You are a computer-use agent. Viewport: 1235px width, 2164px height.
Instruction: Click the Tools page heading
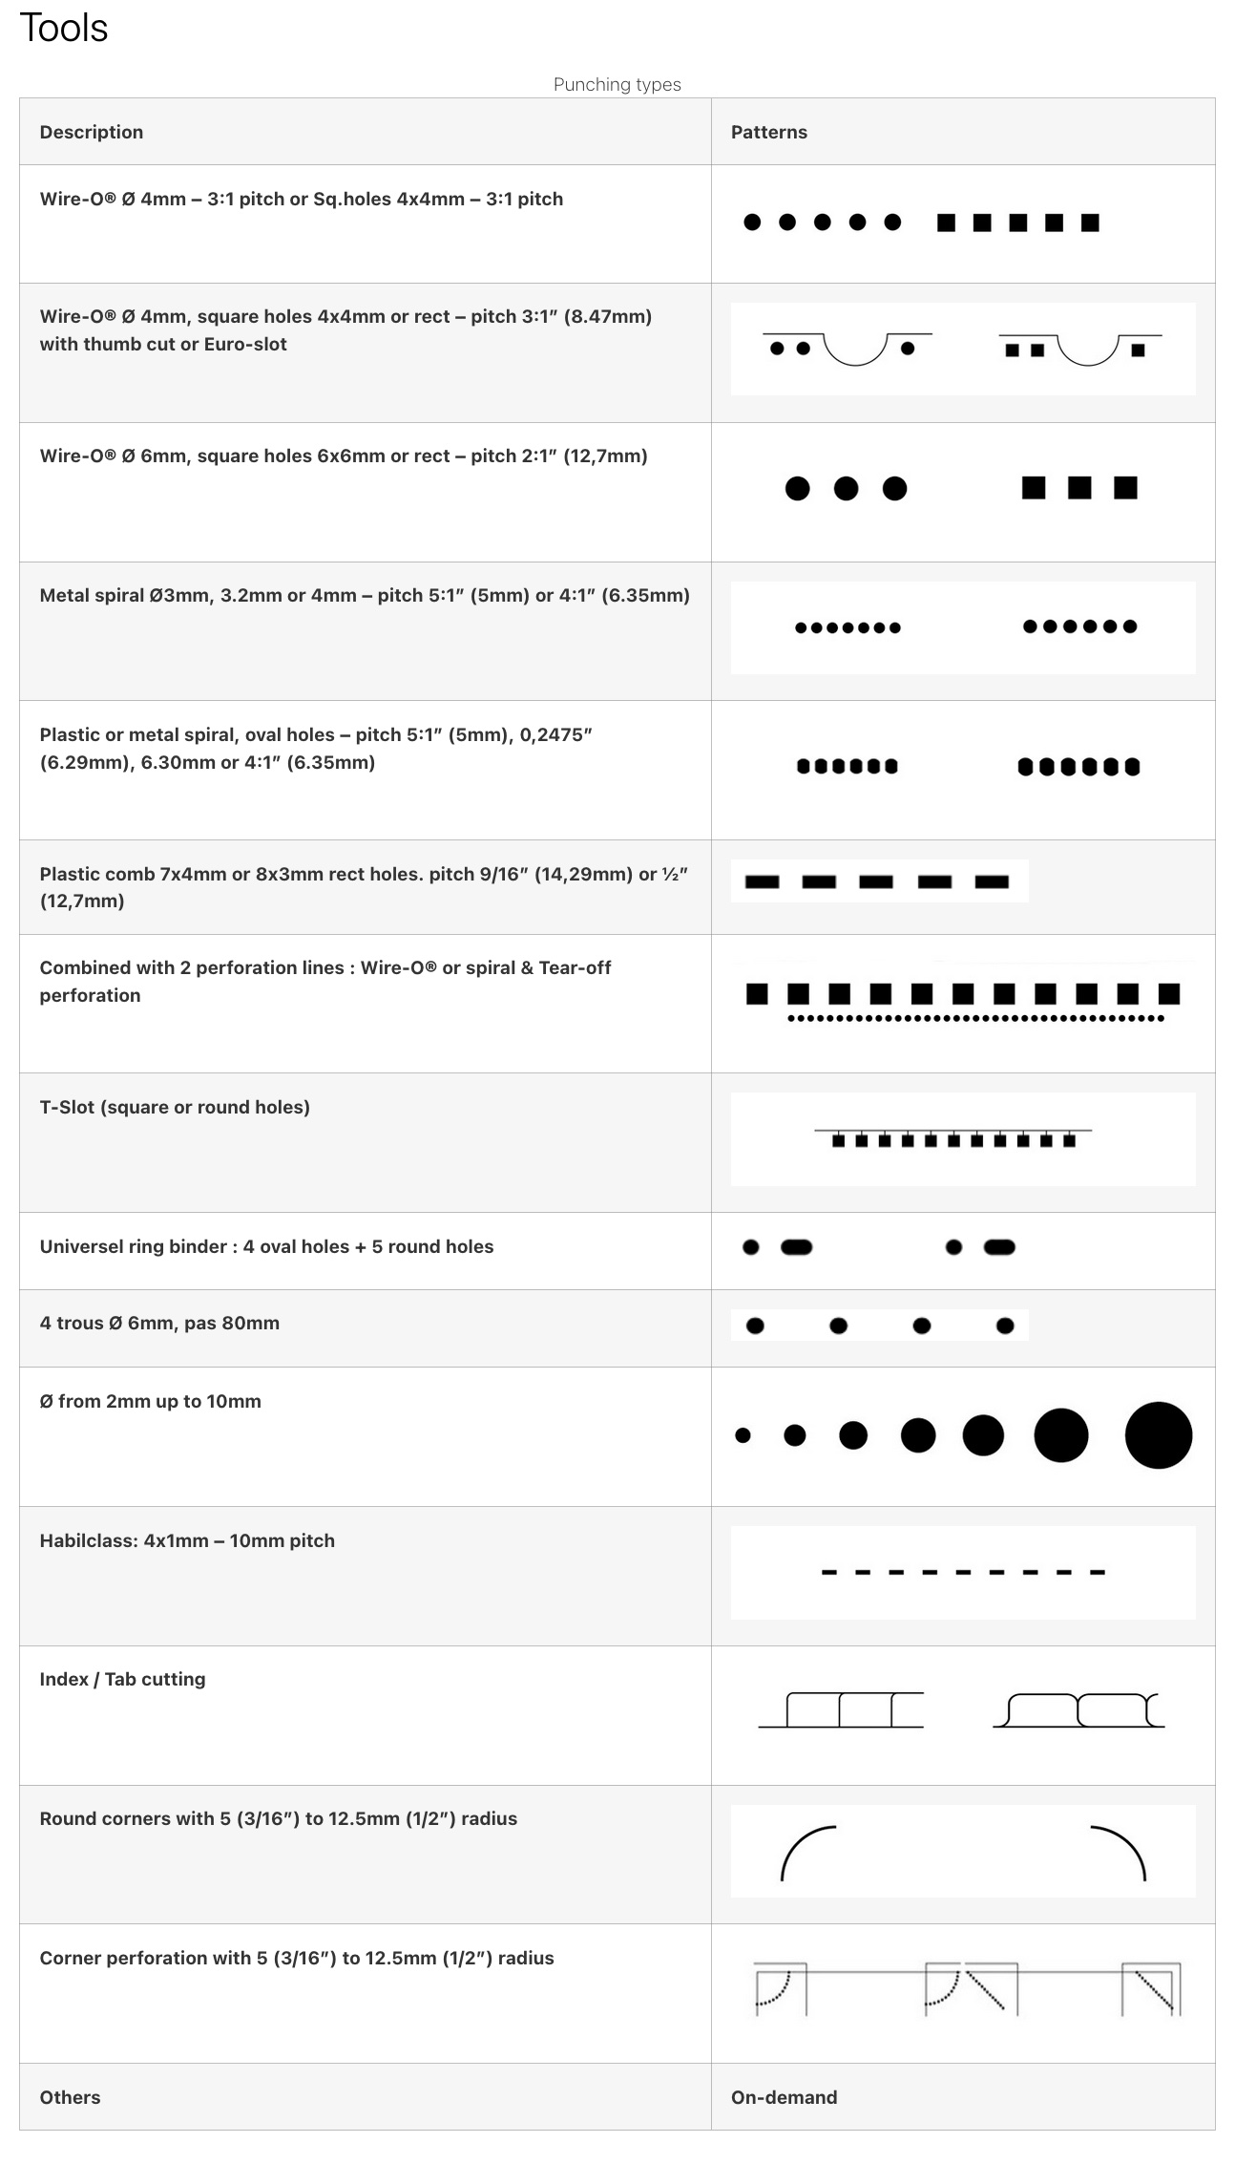(x=64, y=29)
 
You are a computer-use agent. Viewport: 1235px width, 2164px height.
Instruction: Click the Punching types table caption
(x=617, y=84)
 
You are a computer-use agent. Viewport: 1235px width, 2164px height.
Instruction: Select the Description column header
(x=92, y=132)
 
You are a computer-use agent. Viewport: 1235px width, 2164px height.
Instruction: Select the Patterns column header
(x=768, y=132)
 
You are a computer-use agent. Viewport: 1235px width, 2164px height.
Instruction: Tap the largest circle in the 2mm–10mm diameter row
(x=1158, y=1434)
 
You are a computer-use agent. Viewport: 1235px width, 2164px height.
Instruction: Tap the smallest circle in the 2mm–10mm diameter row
(x=743, y=1434)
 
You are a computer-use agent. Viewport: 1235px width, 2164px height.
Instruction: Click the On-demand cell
(x=784, y=2096)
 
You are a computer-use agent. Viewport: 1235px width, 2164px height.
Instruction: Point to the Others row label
(x=70, y=2096)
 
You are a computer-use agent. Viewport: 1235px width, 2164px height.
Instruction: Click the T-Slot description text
(x=175, y=1107)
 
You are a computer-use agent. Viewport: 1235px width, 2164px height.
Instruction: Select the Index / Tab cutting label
(x=122, y=1678)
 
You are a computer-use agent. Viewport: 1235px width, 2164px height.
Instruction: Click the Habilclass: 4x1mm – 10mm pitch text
(x=187, y=1539)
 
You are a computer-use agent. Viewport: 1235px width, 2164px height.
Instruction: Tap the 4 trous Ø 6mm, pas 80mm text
(x=159, y=1323)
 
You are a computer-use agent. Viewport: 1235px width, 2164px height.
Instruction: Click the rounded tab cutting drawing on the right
(x=1078, y=1709)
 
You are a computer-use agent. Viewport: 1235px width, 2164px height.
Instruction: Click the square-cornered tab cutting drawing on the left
(x=841, y=1709)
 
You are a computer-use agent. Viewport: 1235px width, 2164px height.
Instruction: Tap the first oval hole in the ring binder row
(x=796, y=1246)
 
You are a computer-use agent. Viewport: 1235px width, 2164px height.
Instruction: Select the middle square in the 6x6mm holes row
(x=1079, y=488)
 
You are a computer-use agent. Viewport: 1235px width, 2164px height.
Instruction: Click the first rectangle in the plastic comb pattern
(x=762, y=881)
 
